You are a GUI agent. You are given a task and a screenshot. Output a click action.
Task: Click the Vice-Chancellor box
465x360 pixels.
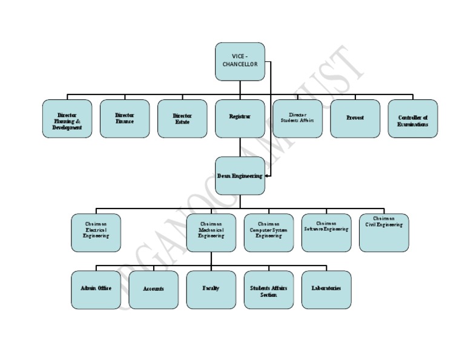click(240, 61)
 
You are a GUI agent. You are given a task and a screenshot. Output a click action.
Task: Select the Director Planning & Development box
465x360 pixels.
click(67, 119)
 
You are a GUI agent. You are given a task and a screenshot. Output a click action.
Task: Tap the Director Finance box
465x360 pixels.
click(125, 119)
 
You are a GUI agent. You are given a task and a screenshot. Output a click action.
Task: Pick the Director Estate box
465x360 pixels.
click(182, 119)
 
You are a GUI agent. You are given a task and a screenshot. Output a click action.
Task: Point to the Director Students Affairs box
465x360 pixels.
click(297, 119)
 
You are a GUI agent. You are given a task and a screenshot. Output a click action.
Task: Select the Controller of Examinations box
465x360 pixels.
click(413, 119)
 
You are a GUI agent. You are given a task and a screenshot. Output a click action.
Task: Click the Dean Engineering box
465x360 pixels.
click(240, 176)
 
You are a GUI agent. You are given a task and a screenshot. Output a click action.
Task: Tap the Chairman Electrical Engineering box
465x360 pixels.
click(96, 233)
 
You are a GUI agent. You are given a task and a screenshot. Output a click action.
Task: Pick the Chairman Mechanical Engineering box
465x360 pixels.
click(211, 233)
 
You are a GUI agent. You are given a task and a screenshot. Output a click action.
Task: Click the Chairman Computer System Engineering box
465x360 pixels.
click(269, 233)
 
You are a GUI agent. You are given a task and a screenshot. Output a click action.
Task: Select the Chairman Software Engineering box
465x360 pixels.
click(326, 233)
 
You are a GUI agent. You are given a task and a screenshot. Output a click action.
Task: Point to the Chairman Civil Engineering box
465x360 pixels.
click(384, 233)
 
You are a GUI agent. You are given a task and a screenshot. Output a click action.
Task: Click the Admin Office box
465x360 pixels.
click(96, 290)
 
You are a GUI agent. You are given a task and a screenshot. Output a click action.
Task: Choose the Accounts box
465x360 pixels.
click(154, 290)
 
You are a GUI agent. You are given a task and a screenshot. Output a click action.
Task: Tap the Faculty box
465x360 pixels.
click(211, 290)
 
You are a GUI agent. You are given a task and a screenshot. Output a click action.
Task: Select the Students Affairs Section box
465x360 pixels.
click(269, 290)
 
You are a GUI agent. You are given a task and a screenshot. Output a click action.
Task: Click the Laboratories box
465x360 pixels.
click(326, 290)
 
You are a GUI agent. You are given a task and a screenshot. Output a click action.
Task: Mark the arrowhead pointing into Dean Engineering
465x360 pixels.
click(267, 176)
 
